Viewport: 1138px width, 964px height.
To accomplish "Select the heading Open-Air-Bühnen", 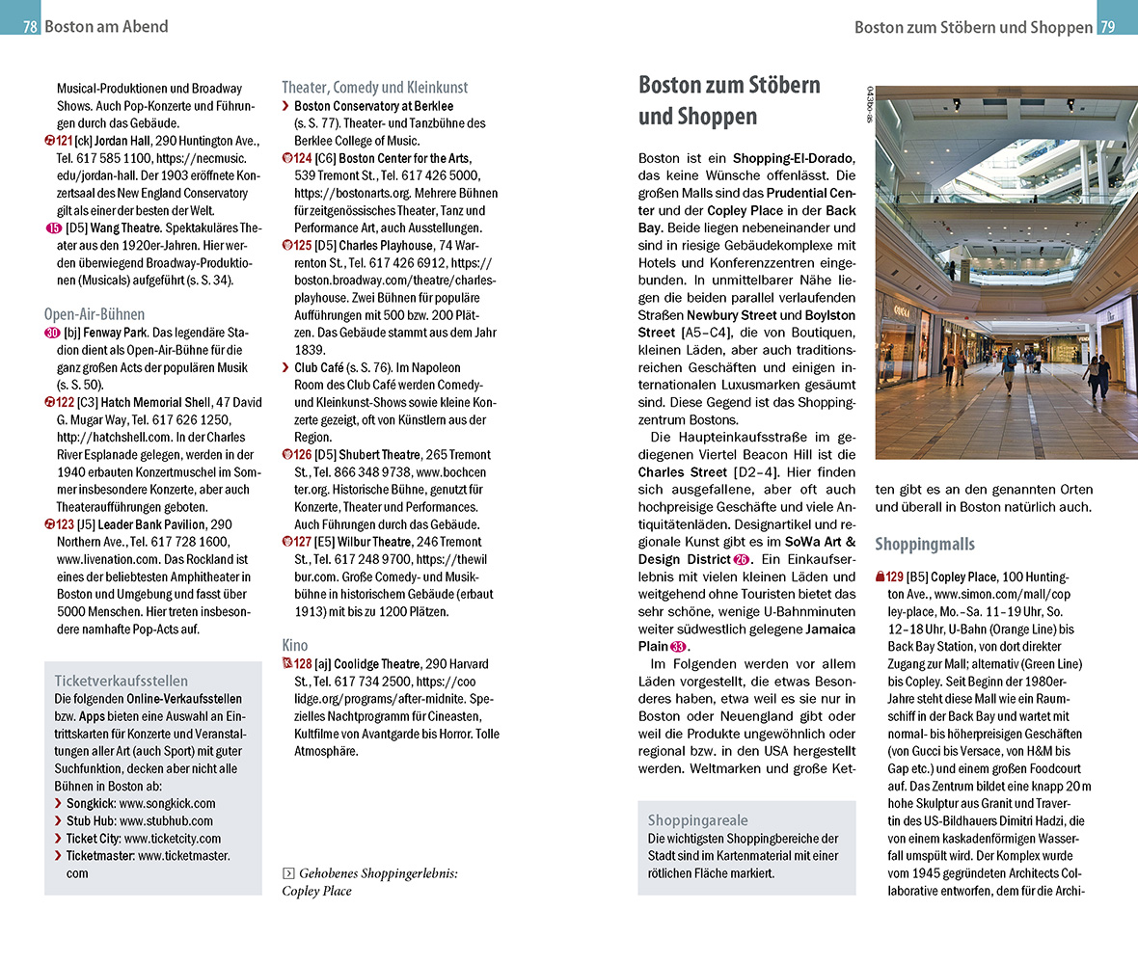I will point(95,314).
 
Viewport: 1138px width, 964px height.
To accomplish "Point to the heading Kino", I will point(295,645).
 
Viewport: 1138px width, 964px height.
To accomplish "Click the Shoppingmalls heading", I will point(925,544).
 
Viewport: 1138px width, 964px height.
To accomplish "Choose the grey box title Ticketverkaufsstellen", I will point(122,680).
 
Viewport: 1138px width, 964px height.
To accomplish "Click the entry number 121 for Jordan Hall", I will point(65,141).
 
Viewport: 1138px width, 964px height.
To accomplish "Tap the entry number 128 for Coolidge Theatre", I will point(302,664).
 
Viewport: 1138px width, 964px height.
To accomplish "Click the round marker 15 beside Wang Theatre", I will point(53,228).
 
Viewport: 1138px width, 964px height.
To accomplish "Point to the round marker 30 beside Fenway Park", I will point(53,334).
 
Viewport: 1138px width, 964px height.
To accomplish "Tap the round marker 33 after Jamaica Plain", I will point(678,647).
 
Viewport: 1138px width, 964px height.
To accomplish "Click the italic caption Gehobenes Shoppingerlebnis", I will point(378,873).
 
